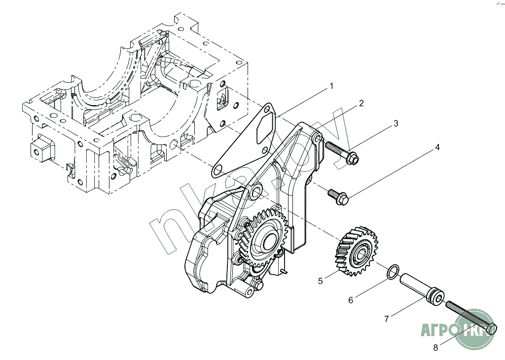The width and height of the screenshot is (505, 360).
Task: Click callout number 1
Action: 331,86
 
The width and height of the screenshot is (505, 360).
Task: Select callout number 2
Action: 361,103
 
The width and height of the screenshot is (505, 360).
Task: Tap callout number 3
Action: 396,124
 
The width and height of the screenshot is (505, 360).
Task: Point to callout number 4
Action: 436,147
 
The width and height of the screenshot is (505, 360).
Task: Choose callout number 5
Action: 321,281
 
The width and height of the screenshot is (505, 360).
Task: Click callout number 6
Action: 351,300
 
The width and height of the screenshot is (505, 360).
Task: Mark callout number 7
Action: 387,319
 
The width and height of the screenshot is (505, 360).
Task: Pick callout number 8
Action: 435,348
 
